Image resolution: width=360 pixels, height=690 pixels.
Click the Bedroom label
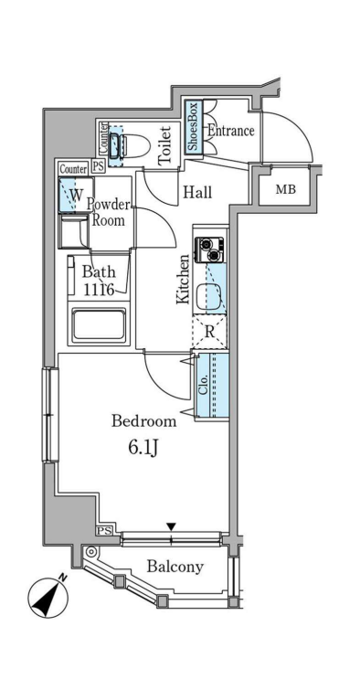point(143,421)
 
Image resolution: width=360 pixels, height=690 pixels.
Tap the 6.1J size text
point(143,449)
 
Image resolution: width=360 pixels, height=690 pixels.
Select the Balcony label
point(175,567)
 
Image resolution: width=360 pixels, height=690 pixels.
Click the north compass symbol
point(48,596)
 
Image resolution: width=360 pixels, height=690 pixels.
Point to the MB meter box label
point(286,190)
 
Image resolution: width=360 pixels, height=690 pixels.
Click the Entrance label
point(230,131)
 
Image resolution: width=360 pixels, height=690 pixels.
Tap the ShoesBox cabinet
point(194,127)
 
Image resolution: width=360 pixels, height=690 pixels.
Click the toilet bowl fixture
point(129,144)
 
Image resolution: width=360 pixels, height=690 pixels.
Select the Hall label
point(197,192)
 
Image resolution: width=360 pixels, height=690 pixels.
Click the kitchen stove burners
point(209,249)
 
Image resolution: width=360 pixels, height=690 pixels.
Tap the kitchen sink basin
point(209,297)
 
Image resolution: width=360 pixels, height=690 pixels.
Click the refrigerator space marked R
point(210,332)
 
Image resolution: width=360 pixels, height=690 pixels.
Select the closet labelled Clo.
point(212,385)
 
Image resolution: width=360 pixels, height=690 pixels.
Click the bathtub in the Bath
point(99,324)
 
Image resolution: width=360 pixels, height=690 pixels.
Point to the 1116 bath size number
point(99,290)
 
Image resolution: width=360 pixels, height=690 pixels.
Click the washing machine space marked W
point(76,195)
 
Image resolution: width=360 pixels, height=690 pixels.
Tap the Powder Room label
point(108,212)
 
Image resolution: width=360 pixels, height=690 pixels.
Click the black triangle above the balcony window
point(171,526)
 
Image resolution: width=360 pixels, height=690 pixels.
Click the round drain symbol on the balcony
point(91,551)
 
